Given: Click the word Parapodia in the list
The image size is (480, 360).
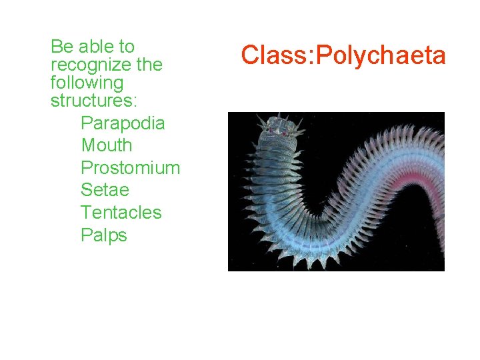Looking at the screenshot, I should [123, 123].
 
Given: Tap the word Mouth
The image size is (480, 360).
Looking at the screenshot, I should [107, 145].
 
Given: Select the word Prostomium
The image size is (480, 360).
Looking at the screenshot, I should [130, 168].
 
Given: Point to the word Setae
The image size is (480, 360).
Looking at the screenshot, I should [104, 190].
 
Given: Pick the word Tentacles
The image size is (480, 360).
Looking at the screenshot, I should [121, 213].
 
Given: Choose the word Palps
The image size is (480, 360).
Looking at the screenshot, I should [103, 235].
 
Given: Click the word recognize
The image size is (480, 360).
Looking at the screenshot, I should [92, 65].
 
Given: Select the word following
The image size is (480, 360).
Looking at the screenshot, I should [87, 83].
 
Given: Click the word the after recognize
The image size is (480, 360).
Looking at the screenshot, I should [149, 65].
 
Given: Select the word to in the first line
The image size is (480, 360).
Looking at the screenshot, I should [127, 47].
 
